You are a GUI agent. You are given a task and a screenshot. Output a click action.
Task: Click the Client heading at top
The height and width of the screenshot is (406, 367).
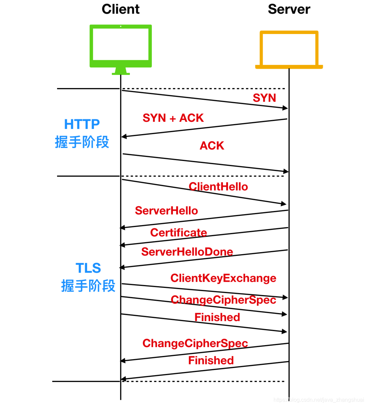coord(120,9)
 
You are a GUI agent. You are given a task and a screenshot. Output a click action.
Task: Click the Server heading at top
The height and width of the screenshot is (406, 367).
coord(289,9)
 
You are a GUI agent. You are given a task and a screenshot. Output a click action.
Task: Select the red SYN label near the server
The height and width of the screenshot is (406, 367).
coord(264,98)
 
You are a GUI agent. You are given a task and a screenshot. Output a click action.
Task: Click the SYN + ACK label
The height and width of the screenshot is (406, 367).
coord(173,118)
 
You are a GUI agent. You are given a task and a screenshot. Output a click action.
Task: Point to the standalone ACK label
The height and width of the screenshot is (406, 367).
coord(212,146)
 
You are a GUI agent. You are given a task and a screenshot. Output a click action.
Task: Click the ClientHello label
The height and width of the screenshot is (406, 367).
coord(218,186)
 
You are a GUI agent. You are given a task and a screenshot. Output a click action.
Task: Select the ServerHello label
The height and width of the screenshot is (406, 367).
coord(166,211)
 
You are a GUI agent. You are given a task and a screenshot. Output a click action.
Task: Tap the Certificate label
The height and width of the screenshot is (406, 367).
coord(178,232)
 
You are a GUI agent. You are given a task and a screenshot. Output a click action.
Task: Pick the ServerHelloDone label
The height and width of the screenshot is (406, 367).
coord(187,252)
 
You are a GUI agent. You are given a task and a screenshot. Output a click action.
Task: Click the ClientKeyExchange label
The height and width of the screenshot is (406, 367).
coord(223,278)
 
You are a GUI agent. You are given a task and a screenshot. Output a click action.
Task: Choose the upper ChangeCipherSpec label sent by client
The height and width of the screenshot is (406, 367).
coord(223,300)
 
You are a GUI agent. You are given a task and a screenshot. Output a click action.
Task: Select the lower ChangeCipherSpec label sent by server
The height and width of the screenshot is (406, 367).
coord(195,343)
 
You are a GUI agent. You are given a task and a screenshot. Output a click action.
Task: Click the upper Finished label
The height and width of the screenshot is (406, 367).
coord(217,317)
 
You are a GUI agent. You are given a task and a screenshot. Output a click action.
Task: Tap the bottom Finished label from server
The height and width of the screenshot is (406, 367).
coord(211,360)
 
